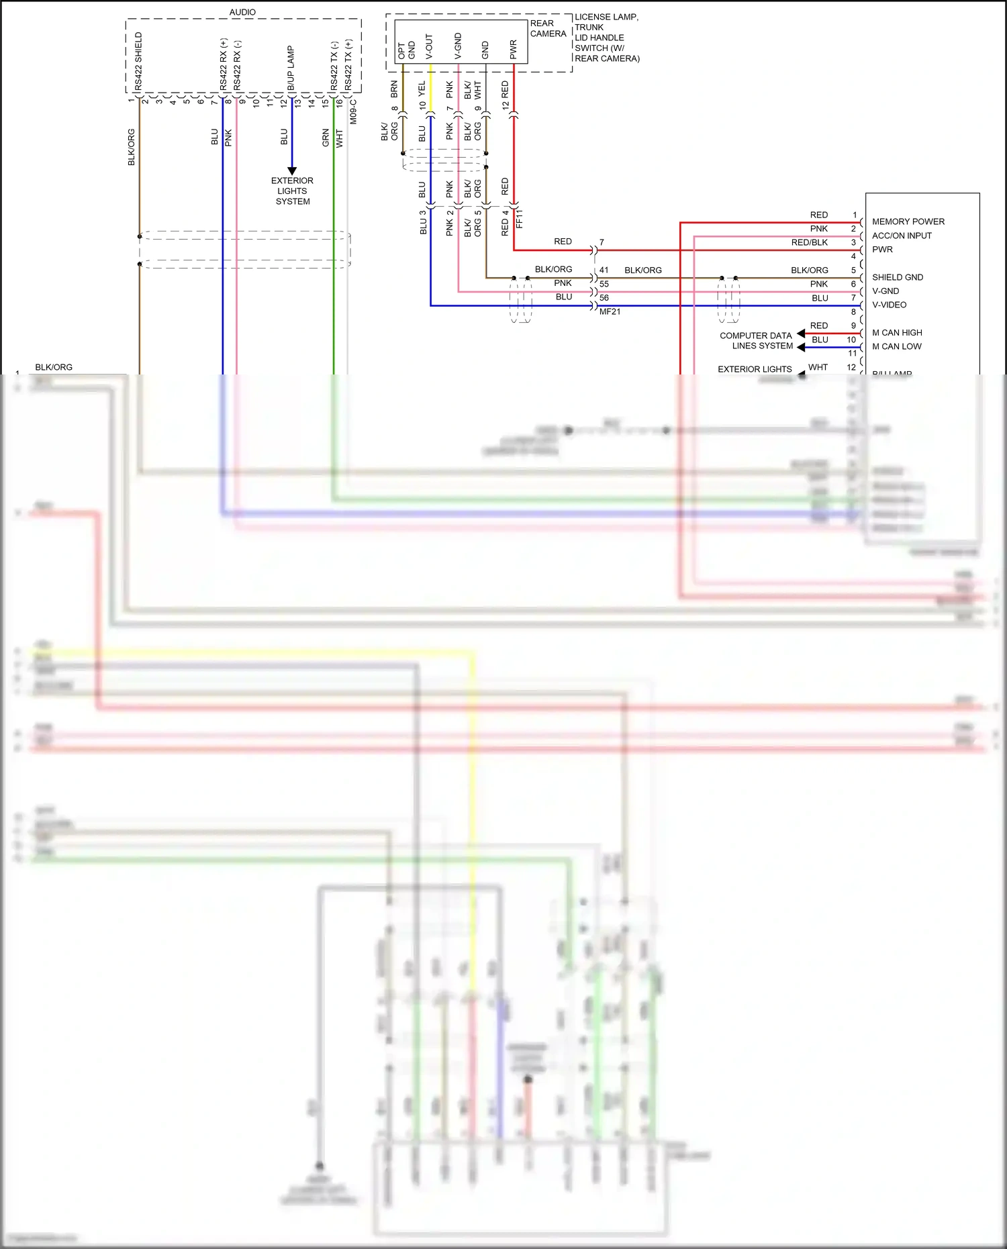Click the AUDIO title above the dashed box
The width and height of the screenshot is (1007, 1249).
point(242,12)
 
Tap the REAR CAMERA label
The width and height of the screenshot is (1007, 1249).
point(548,28)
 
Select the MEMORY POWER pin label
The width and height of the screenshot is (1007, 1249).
point(908,221)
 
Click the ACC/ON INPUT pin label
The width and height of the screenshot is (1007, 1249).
point(902,236)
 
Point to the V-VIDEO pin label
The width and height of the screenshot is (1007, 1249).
point(889,305)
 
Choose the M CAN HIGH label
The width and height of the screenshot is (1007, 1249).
point(897,333)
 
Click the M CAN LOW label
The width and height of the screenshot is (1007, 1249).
point(896,346)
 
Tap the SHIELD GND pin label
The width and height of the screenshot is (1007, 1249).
point(897,277)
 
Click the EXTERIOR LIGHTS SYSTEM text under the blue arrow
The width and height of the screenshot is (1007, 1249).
point(292,191)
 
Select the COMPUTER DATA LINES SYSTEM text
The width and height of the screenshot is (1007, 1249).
point(756,340)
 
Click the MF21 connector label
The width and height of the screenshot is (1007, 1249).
point(610,311)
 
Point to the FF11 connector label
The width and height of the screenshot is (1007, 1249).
point(519,219)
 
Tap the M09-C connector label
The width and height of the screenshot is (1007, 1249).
point(353,111)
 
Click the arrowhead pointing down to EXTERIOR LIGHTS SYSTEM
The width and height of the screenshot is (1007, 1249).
point(292,170)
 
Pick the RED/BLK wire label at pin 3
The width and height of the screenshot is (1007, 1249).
point(809,242)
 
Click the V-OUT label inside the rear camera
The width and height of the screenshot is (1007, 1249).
point(429,46)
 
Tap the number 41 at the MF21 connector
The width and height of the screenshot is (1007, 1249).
point(604,270)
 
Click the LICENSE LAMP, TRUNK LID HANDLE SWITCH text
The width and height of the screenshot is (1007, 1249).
point(607,38)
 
